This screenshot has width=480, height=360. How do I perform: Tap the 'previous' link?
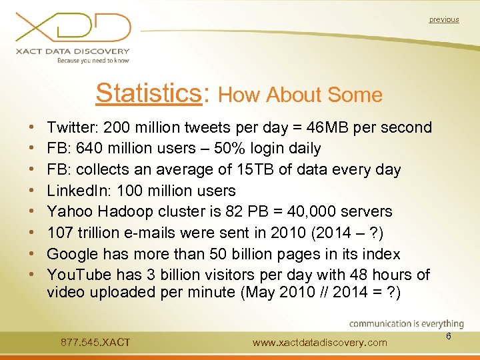click(444, 20)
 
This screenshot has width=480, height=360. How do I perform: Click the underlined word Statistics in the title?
click(149, 93)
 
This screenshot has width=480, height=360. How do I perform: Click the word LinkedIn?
click(74, 191)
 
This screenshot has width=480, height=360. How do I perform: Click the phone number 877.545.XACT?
click(95, 343)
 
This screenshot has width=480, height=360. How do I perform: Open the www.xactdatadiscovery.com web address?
click(320, 343)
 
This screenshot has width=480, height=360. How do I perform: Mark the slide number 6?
click(449, 337)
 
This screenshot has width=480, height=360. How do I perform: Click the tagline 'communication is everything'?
click(406, 324)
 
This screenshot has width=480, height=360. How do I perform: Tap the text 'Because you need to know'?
click(93, 60)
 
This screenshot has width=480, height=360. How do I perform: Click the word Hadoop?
click(124, 212)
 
